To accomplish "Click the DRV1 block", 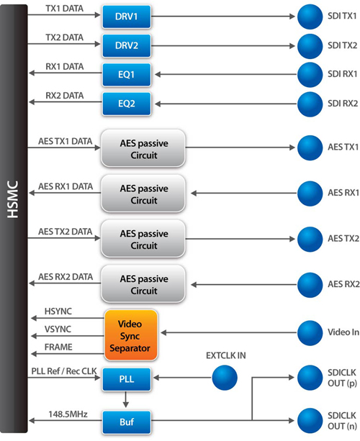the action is tap(127, 17).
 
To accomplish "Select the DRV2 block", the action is tap(127, 45).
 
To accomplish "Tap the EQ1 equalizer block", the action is tap(127, 75).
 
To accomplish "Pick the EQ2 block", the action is tap(127, 104).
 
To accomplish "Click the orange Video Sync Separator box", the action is tap(131, 335).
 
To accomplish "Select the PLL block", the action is tap(127, 379).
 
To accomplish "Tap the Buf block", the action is tap(127, 422).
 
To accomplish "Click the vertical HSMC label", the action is tap(13, 199).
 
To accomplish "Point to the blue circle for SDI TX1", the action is tap(310, 17).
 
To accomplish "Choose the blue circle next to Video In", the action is tap(310, 333).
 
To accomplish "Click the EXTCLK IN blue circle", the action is tap(225, 378).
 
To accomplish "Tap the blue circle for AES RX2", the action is tap(310, 285).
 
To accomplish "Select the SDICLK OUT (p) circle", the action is tap(310, 378).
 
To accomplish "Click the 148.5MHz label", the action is tap(68, 414).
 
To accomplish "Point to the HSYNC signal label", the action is tap(58, 312).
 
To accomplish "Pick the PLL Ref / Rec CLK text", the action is tap(64, 371).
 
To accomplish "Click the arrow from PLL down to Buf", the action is tap(126, 399).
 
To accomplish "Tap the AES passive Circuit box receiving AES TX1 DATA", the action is tap(143, 148).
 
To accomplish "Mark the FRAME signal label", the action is tap(58, 347).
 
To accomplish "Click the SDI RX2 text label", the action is tap(343, 104).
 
